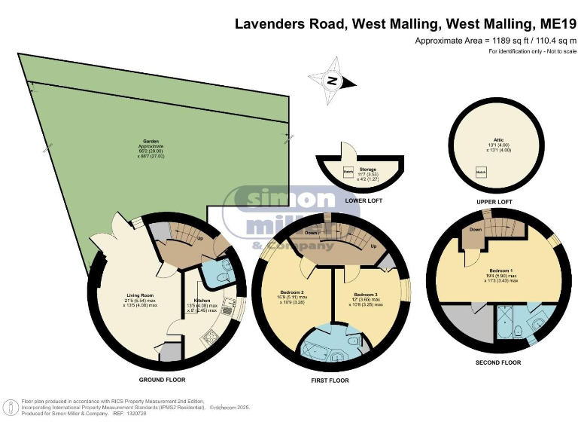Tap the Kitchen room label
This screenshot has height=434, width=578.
202,301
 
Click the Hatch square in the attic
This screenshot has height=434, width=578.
479,173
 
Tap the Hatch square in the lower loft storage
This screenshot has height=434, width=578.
348,173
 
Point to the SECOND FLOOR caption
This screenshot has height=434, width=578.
498,362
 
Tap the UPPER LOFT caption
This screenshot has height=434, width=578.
496,202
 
